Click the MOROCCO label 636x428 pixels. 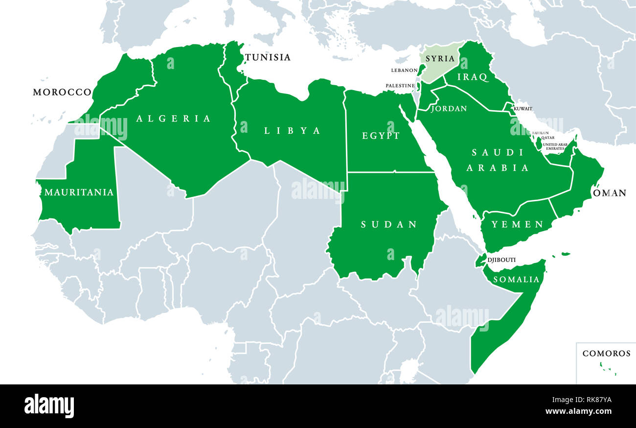tap(62, 92)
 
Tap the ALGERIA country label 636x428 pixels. tap(173, 119)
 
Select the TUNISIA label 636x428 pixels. tap(268, 57)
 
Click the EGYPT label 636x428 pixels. tap(381, 136)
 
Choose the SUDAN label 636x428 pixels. tap(389, 224)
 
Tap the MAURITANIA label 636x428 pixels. tap(79, 192)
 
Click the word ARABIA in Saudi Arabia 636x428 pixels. tap(498, 168)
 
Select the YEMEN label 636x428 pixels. tap(518, 224)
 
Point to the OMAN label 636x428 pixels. tap(610, 193)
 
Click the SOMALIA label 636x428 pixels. tap(516, 280)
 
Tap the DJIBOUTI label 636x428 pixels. tap(501, 260)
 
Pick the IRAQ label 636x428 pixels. tap(473, 77)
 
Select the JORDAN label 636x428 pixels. tap(449, 108)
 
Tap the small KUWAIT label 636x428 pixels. tap(523, 108)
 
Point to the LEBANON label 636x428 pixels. tap(404, 71)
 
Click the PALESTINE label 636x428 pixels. tap(400, 86)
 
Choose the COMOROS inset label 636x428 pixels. tap(606, 353)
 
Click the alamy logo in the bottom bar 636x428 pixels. tap(49, 406)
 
